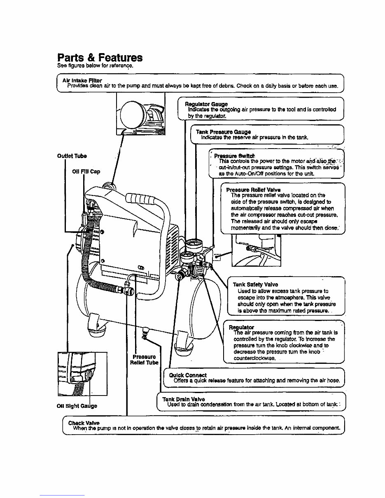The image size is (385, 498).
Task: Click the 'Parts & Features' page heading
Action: (x=100, y=57)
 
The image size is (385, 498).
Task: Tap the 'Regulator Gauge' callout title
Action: (x=206, y=104)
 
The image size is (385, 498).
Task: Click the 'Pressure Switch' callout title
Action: (x=234, y=156)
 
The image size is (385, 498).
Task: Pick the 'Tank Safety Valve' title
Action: (x=255, y=284)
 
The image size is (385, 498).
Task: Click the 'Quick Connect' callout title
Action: (x=187, y=375)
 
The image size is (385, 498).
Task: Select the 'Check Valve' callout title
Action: (x=84, y=423)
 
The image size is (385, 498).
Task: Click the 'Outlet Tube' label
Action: (x=72, y=156)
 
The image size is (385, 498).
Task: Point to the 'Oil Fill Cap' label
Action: (x=86, y=172)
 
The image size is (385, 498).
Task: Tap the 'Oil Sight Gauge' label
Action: (x=77, y=406)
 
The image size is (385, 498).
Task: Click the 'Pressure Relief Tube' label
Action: (x=144, y=359)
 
